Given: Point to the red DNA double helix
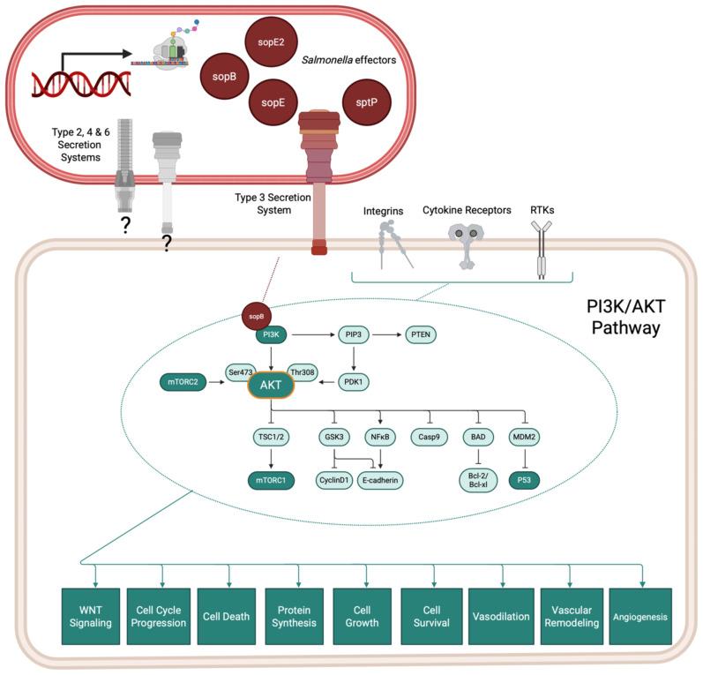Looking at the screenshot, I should (x=82, y=83).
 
